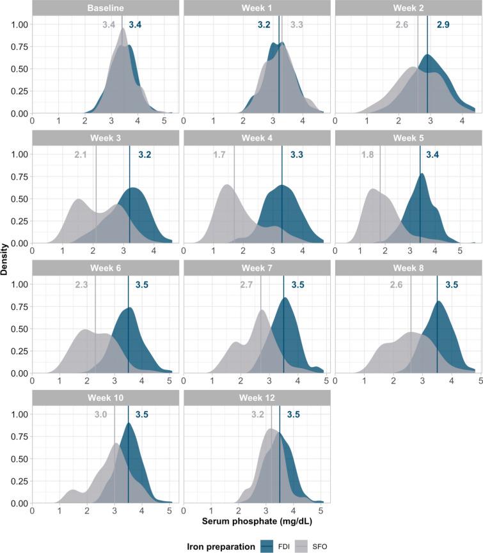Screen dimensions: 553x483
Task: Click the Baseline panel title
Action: click(x=106, y=8)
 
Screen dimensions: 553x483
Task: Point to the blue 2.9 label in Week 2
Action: click(x=443, y=25)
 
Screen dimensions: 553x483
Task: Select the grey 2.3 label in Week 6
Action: click(x=81, y=284)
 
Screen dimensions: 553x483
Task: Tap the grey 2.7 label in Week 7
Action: click(x=247, y=284)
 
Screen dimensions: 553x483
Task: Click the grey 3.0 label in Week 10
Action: click(x=100, y=414)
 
